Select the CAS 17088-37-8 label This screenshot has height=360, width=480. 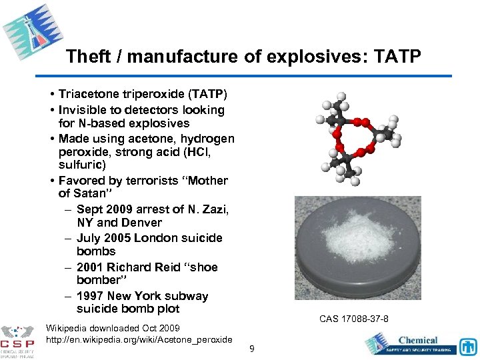click(x=354, y=319)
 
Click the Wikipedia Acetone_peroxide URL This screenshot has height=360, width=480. click(x=139, y=340)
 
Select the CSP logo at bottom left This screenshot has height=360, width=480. click(x=18, y=341)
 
